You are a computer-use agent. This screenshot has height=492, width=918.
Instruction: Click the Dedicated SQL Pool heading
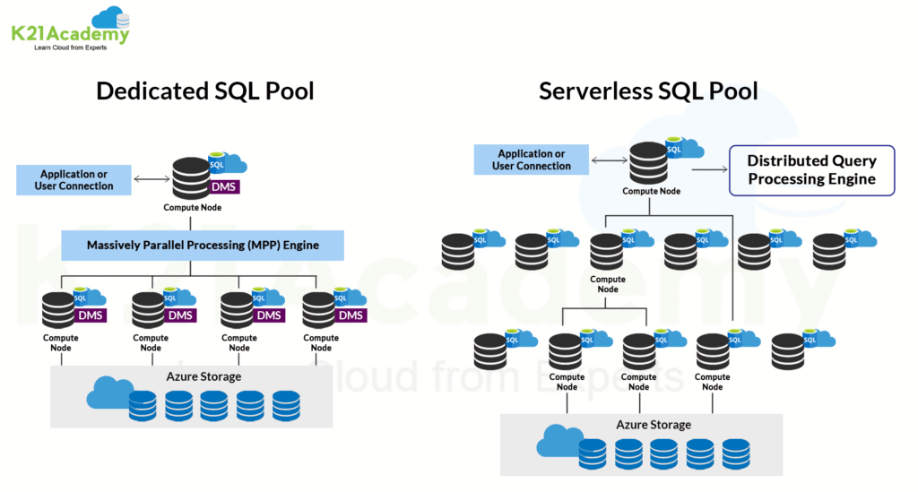(x=204, y=91)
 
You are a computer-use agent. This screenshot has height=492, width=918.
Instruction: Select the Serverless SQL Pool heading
(x=648, y=91)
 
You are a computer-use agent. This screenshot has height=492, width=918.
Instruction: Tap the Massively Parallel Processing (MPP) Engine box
(x=203, y=245)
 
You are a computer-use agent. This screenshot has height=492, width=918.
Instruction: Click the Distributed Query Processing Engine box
(x=811, y=169)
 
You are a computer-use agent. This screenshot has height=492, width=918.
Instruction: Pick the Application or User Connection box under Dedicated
(x=76, y=180)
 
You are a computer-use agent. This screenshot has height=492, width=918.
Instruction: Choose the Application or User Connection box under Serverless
(x=532, y=160)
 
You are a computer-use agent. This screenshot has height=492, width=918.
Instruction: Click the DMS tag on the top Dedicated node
(x=223, y=186)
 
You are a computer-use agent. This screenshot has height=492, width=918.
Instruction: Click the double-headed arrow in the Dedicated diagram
(x=151, y=180)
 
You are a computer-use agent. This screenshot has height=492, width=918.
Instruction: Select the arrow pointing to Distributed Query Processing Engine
(x=709, y=168)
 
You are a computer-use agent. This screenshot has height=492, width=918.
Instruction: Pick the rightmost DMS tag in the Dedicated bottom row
(x=351, y=315)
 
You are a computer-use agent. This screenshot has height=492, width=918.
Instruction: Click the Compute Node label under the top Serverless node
(x=652, y=191)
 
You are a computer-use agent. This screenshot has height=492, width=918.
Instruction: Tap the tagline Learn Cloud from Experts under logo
(x=70, y=47)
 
